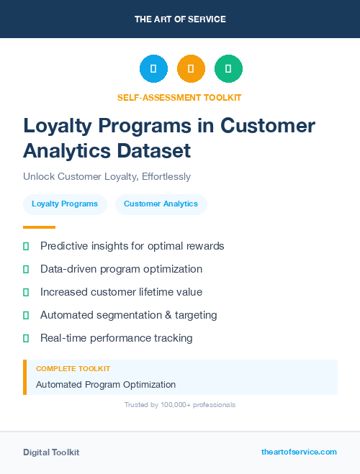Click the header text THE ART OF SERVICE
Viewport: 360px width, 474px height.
(180, 19)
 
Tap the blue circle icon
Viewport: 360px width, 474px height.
(153, 69)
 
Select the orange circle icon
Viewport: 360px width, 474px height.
(191, 69)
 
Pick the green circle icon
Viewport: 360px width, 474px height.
(228, 69)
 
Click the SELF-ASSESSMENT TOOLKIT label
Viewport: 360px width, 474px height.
(179, 97)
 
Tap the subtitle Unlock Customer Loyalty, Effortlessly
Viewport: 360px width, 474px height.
(107, 176)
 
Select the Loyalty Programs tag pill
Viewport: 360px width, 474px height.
(65, 204)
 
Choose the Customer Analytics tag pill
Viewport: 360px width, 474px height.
(161, 204)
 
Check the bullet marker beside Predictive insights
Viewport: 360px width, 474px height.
(26, 247)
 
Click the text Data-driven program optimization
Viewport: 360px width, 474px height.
(121, 269)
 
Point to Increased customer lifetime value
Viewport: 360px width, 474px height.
(121, 292)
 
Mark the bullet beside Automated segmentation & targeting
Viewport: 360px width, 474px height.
(26, 315)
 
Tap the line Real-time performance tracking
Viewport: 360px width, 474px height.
(116, 338)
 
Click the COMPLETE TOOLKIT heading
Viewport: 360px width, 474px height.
(73, 369)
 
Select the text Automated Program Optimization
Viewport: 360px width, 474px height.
(106, 385)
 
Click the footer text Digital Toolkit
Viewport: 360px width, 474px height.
(51, 452)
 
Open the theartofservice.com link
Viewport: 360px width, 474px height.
(299, 452)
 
